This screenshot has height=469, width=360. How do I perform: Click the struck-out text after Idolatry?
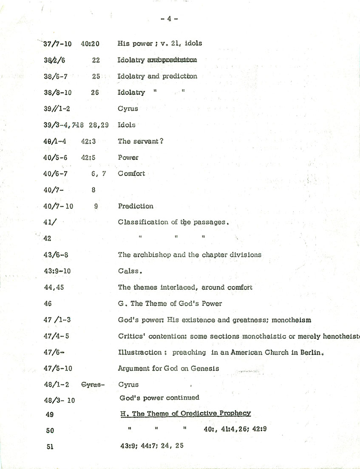tap(172, 60)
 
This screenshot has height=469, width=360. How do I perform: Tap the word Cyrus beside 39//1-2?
tap(128, 109)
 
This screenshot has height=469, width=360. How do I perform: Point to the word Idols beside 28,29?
tap(127, 125)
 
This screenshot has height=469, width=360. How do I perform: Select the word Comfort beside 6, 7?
tap(131, 173)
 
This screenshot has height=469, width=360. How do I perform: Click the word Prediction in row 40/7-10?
tap(136, 206)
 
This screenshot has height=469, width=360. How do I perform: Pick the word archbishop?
tap(150, 255)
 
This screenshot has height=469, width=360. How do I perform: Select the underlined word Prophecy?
tap(234, 413)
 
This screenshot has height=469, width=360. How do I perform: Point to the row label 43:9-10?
tap(57, 271)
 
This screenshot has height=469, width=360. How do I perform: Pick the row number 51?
tap(50, 446)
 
